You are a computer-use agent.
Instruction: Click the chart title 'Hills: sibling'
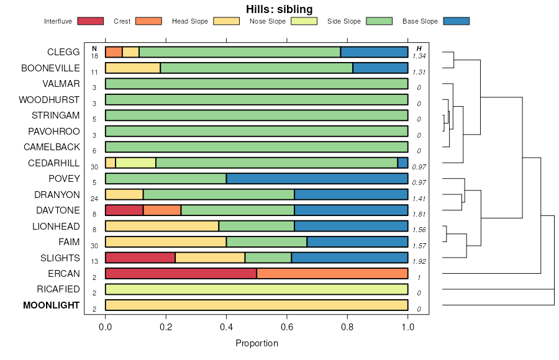coord(279,9)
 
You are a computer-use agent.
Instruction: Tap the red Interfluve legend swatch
coord(89,21)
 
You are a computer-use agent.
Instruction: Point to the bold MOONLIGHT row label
coord(52,305)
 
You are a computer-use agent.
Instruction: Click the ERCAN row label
coord(64,274)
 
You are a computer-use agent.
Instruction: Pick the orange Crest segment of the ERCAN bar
coord(332,274)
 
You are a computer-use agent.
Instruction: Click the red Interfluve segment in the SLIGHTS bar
coord(140,258)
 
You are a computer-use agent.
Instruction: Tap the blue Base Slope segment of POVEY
coord(317,179)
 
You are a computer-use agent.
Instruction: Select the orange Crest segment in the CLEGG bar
coord(114,52)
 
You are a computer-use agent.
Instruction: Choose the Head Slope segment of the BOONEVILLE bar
coord(133,68)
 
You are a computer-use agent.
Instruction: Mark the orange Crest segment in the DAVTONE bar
coord(162,210)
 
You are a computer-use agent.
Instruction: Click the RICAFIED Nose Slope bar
coord(257,289)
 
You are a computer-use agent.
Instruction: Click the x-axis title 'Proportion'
coord(257,343)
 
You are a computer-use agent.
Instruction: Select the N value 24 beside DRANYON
coord(94,199)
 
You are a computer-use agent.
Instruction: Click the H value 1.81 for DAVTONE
coord(419,214)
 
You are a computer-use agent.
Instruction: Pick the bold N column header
coord(94,48)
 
